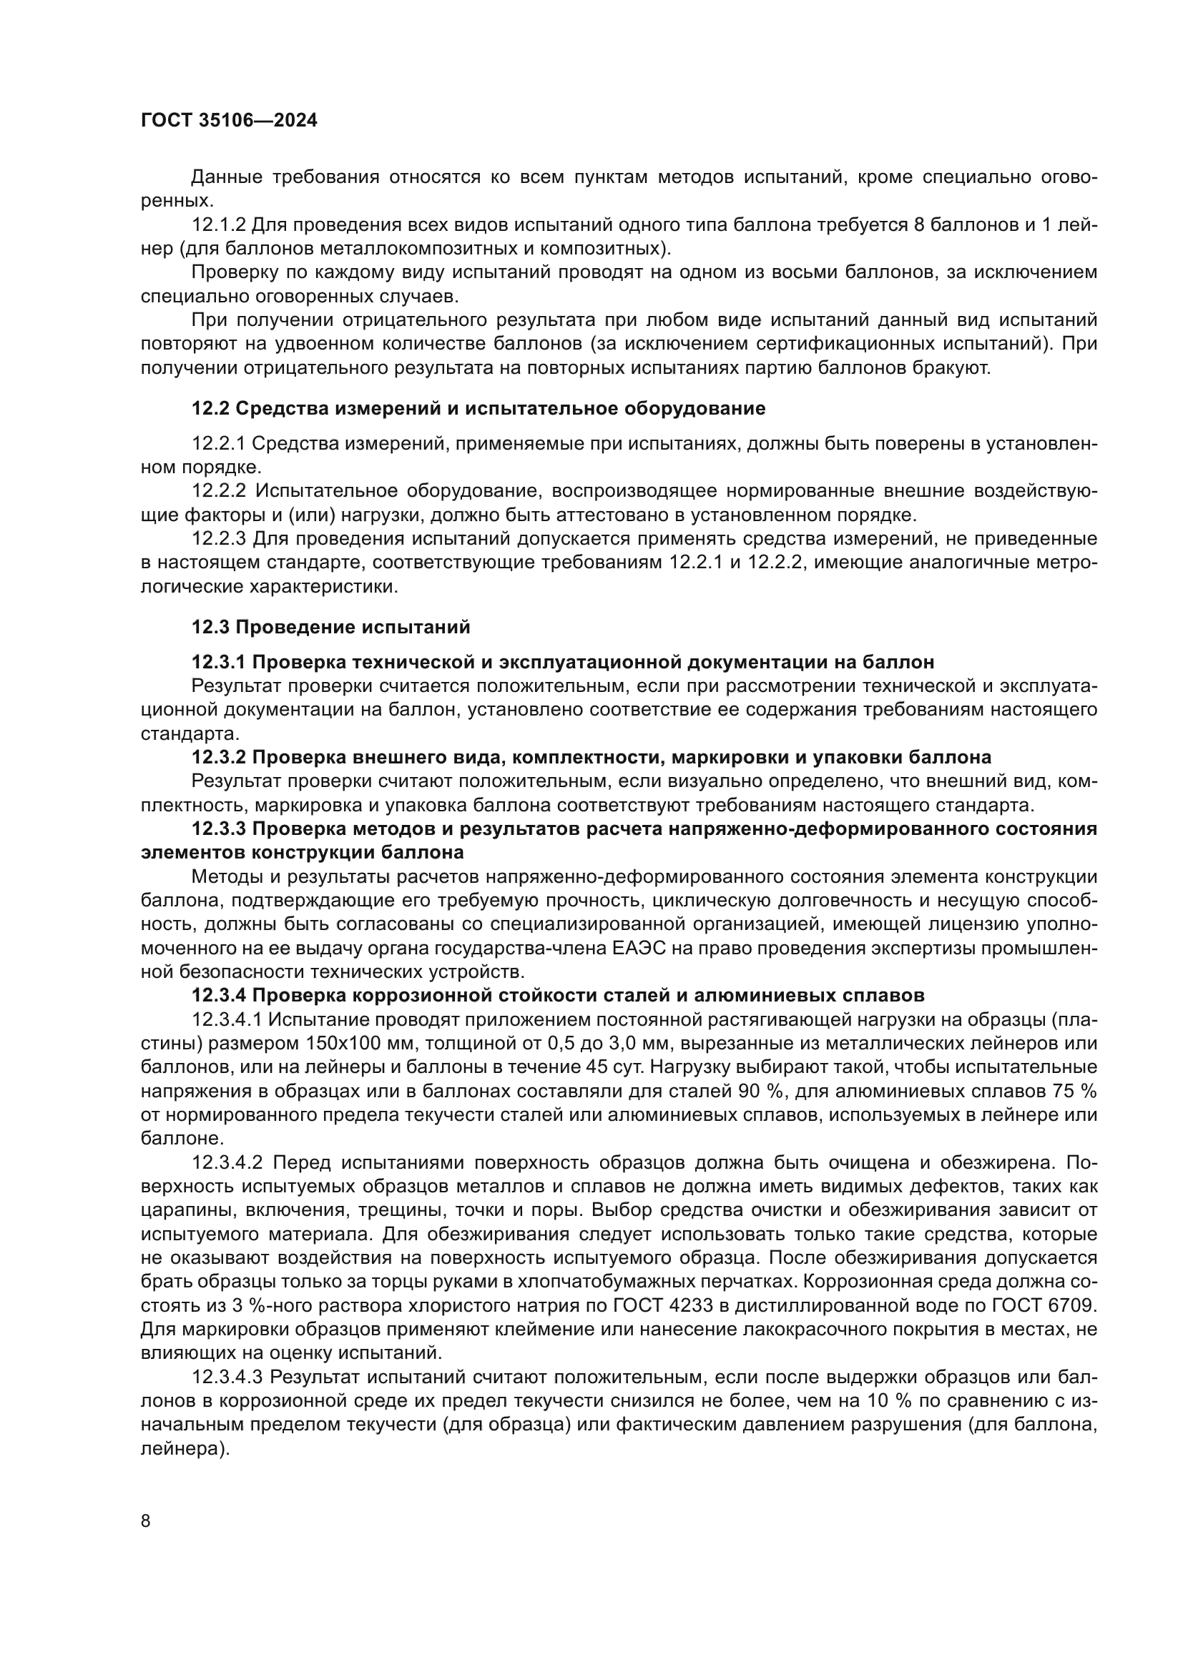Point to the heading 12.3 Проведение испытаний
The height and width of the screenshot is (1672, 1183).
pyautogui.click(x=330, y=627)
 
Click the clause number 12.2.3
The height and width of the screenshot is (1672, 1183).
pyautogui.click(x=219, y=539)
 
